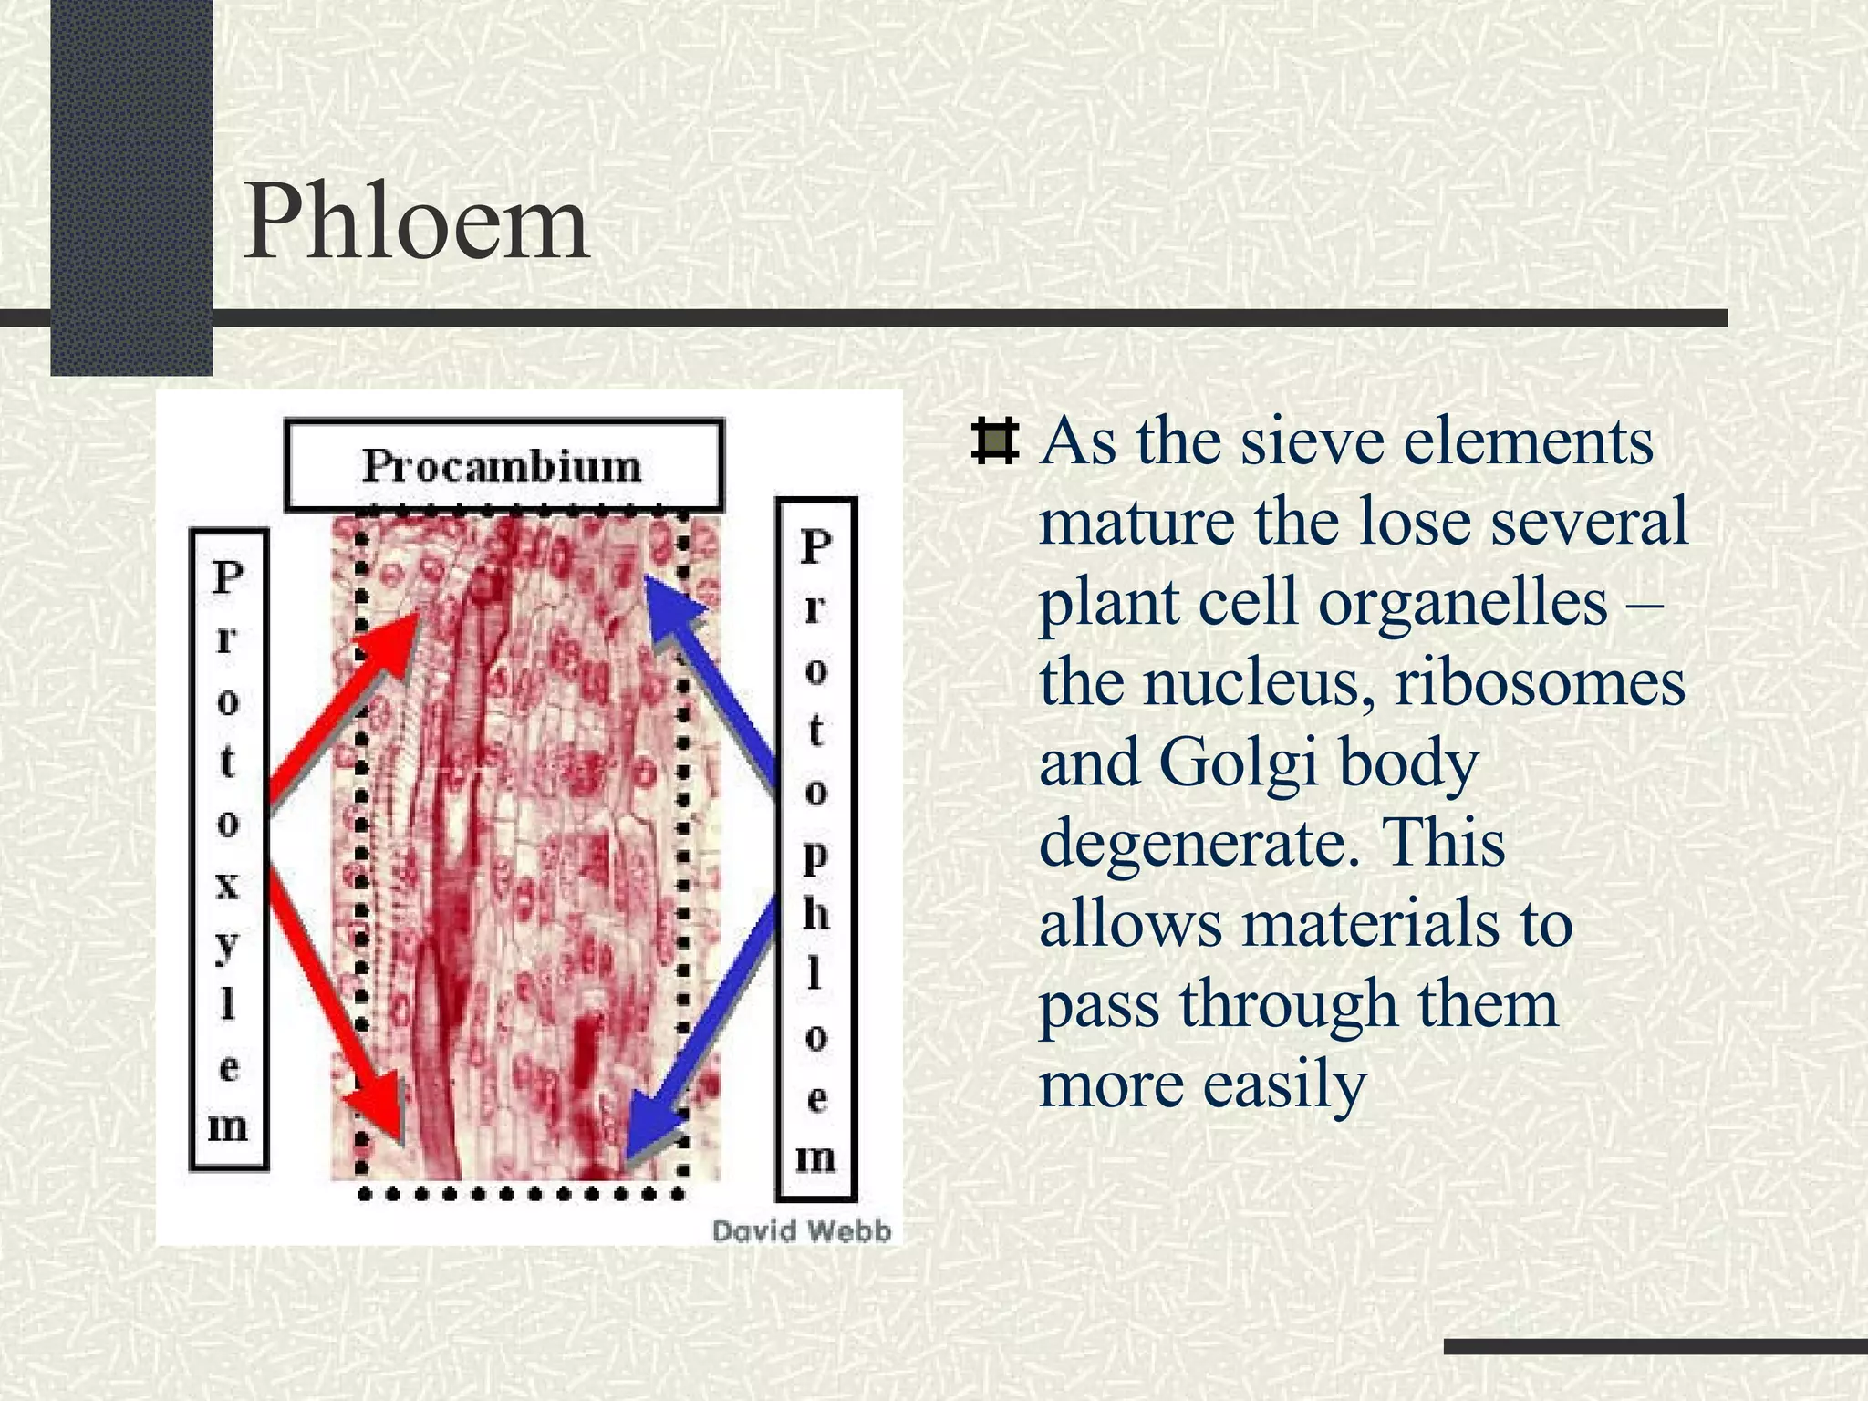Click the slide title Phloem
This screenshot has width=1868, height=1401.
pos(416,223)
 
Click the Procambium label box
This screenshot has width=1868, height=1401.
pos(503,465)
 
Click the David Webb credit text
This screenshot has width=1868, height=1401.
pos(801,1231)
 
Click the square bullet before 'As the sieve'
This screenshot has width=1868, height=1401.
pos(994,441)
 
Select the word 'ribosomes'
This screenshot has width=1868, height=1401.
pos(1540,683)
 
